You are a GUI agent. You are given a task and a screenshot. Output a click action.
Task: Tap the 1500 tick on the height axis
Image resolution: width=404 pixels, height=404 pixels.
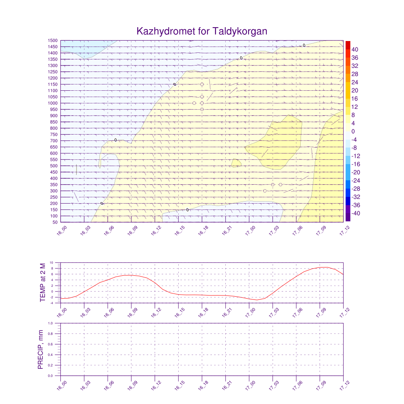(x=53, y=40)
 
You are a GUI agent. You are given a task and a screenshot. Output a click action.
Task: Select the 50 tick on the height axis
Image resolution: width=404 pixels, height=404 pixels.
(x=55, y=222)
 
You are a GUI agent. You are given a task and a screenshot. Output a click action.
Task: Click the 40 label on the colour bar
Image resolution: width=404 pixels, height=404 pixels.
(x=355, y=49)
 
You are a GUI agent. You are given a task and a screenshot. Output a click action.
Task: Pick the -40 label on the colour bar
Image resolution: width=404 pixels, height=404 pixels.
(x=354, y=213)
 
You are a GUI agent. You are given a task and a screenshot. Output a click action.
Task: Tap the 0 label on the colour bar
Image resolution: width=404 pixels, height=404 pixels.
(x=353, y=131)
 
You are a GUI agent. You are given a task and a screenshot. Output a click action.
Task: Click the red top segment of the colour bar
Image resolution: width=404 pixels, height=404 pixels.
(x=348, y=45)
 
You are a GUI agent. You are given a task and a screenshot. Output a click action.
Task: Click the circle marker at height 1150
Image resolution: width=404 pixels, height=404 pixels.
(x=202, y=84)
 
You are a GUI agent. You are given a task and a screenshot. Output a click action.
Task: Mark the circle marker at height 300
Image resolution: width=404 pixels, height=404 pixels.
(x=265, y=191)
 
